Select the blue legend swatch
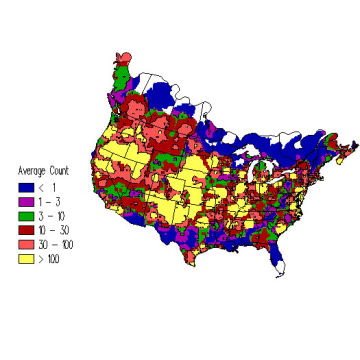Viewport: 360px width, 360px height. click(26, 185)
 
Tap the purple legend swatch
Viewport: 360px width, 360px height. click(26, 200)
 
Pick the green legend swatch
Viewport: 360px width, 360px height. click(26, 214)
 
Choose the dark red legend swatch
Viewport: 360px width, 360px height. click(26, 229)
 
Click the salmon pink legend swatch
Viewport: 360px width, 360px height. click(26, 243)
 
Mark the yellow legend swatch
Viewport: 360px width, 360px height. click(26, 258)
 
